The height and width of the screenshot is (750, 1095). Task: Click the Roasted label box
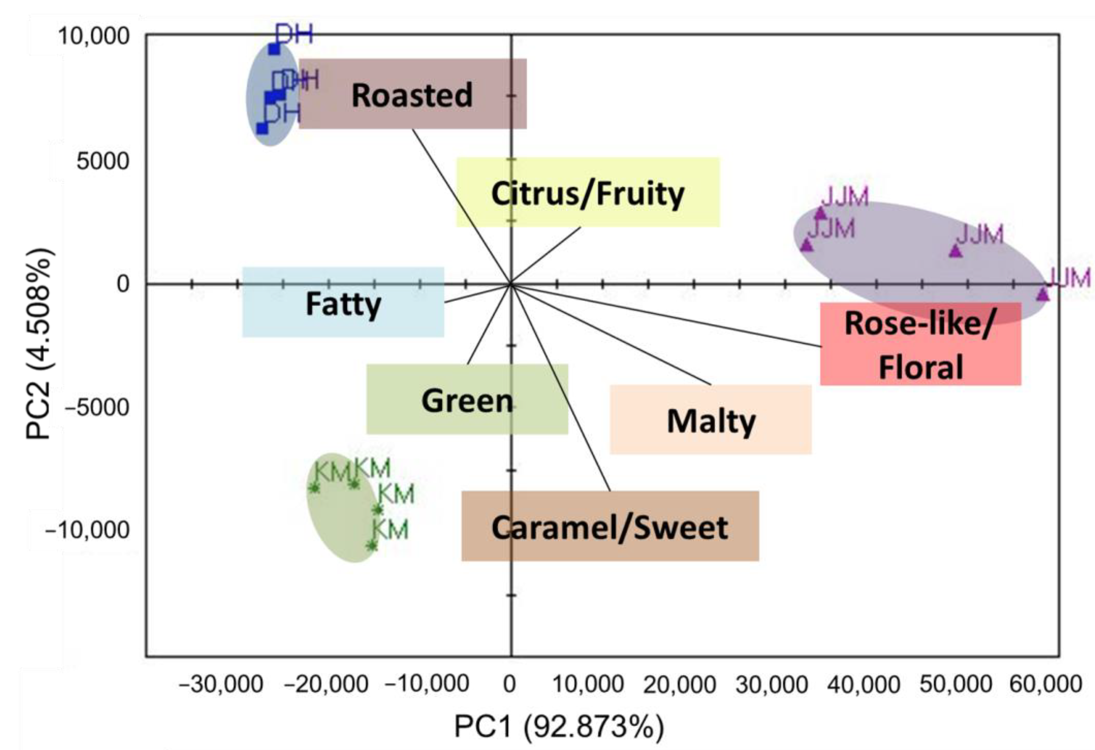tap(412, 94)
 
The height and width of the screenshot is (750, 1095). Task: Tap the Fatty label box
tap(343, 302)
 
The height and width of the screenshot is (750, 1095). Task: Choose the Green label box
tap(467, 399)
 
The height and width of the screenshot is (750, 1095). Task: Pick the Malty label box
tap(711, 420)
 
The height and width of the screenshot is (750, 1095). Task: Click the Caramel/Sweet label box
tap(610, 526)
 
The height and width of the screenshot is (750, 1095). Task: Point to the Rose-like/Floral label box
tap(920, 344)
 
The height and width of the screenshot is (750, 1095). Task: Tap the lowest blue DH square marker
tap(262, 128)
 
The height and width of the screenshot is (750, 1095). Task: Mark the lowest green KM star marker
tap(372, 545)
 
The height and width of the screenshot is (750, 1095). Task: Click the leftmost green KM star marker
tap(314, 488)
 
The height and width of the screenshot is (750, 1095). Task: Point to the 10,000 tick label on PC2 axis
tap(93, 36)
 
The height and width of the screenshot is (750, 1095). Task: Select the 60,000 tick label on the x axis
tap(1045, 683)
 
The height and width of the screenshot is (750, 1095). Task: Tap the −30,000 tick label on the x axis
tap(221, 683)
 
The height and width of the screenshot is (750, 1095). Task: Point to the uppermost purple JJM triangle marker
tap(821, 213)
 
